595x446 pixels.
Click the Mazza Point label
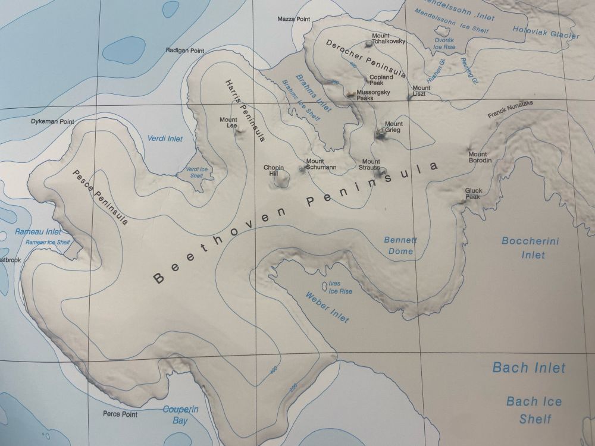[294, 19]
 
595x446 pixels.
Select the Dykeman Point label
[52, 121]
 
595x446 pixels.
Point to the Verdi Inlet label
[165, 139]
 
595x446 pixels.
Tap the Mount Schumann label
[321, 164]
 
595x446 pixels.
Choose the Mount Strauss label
[371, 165]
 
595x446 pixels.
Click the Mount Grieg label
[393, 127]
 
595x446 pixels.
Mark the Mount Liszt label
[421, 92]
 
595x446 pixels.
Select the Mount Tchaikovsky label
[389, 39]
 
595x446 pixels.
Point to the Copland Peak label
[381, 80]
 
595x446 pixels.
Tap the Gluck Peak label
[473, 194]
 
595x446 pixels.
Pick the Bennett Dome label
[400, 246]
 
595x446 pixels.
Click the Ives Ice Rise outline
[325, 286]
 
